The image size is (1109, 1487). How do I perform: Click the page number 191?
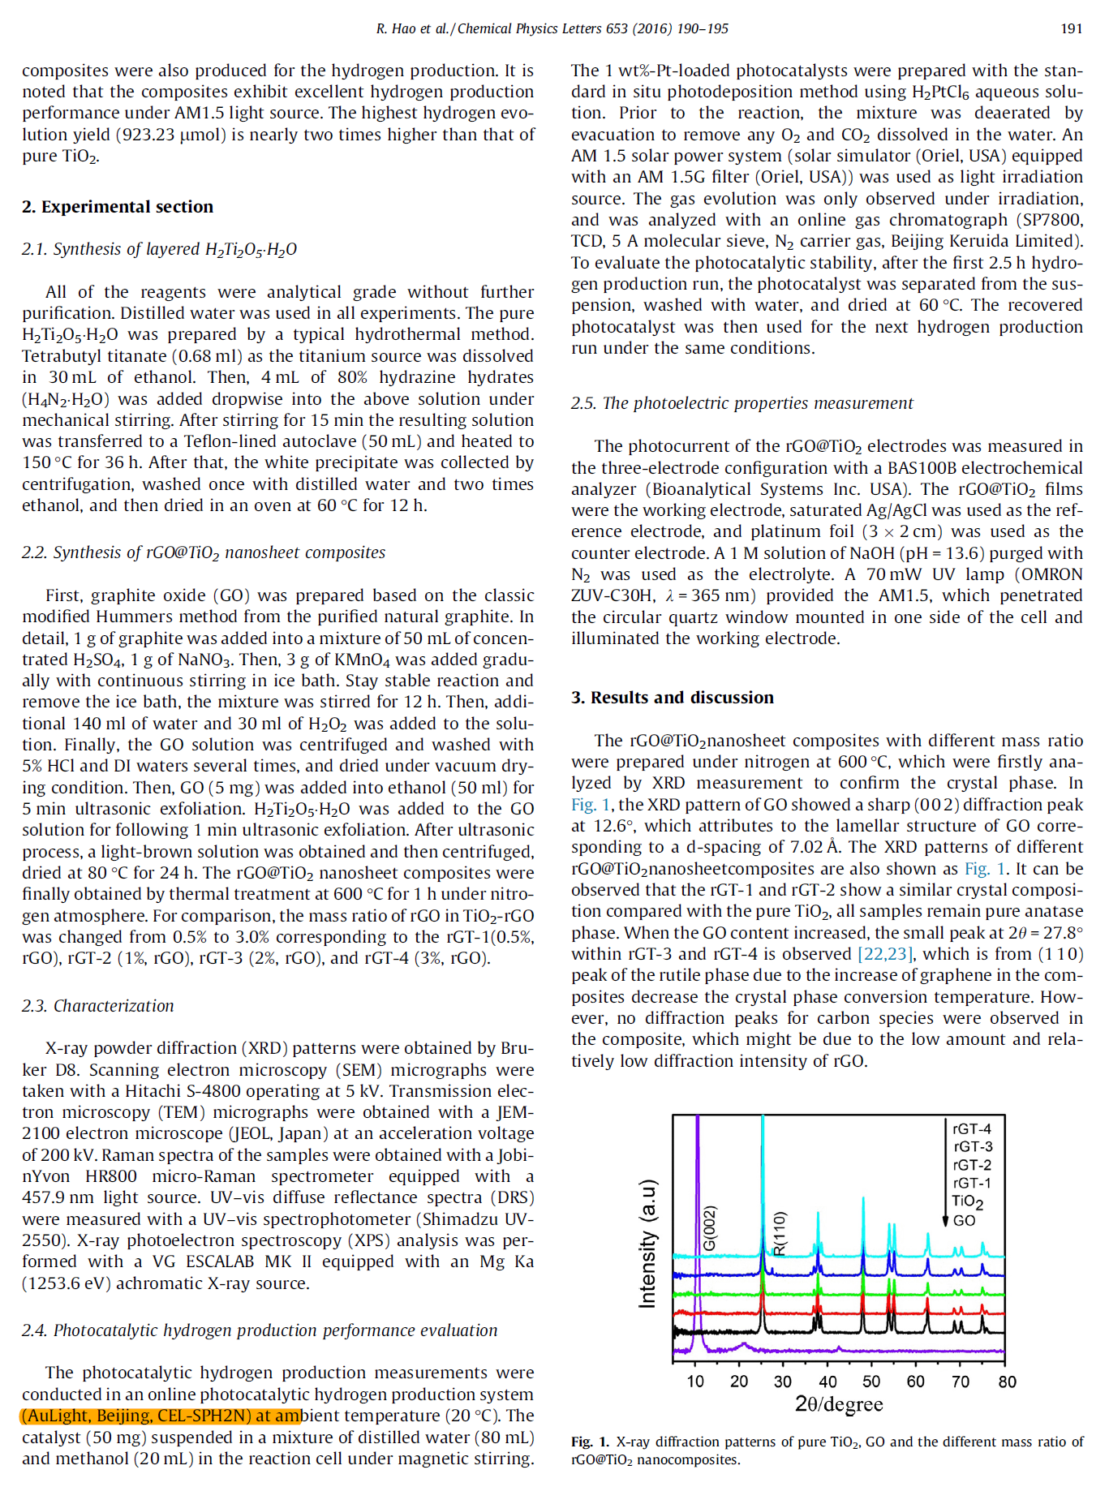click(x=1071, y=28)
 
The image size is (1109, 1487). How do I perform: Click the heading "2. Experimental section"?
click(x=118, y=207)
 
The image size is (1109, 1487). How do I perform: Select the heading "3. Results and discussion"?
click(x=672, y=698)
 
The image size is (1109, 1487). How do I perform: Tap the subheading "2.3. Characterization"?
click(x=97, y=1006)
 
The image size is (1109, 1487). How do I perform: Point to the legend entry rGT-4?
click(x=972, y=1128)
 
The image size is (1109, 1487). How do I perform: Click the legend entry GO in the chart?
click(x=965, y=1220)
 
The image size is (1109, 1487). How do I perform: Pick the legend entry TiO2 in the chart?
click(x=967, y=1201)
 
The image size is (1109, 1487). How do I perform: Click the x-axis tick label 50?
click(x=871, y=1382)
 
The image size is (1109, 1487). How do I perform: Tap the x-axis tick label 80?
click(x=1007, y=1382)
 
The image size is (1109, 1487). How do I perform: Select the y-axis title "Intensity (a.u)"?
click(x=647, y=1244)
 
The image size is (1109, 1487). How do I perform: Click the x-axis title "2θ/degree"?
click(x=839, y=1404)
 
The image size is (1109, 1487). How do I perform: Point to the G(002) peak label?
click(x=709, y=1229)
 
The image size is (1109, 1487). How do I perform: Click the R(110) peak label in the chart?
click(x=780, y=1233)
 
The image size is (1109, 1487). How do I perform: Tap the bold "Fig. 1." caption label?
click(x=590, y=1442)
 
